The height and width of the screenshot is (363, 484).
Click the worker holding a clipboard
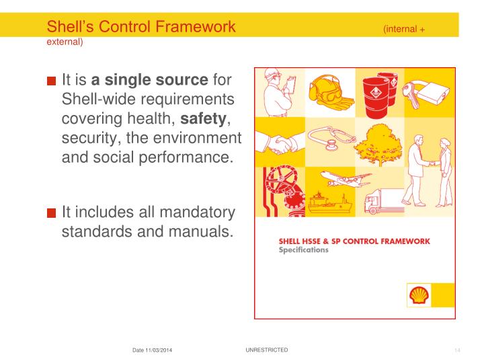click(x=277, y=94)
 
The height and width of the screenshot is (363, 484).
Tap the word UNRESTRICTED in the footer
click(x=268, y=350)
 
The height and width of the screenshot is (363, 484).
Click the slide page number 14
click(x=456, y=351)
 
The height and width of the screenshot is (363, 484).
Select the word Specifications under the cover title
click(x=304, y=249)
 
